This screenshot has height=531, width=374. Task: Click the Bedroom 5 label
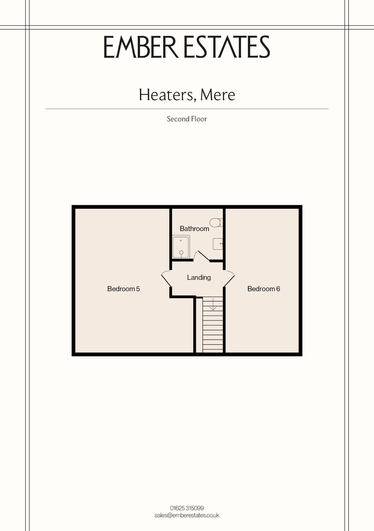[123, 289]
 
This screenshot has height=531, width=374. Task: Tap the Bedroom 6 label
[264, 289]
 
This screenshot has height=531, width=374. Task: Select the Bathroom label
[194, 229]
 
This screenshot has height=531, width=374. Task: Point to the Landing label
[199, 277]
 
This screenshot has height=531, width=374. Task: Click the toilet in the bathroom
[216, 223]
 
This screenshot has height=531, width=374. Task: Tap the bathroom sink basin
[218, 244]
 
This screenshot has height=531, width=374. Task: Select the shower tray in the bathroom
[181, 247]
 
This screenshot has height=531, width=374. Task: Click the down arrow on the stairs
[213, 304]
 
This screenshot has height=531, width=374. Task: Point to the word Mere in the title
[218, 95]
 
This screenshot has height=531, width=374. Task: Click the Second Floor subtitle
[187, 119]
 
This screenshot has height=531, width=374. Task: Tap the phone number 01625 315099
[187, 508]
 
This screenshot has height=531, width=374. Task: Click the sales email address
[187, 515]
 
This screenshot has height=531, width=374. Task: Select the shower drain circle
[181, 253]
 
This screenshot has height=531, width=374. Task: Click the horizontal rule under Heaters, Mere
[187, 109]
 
